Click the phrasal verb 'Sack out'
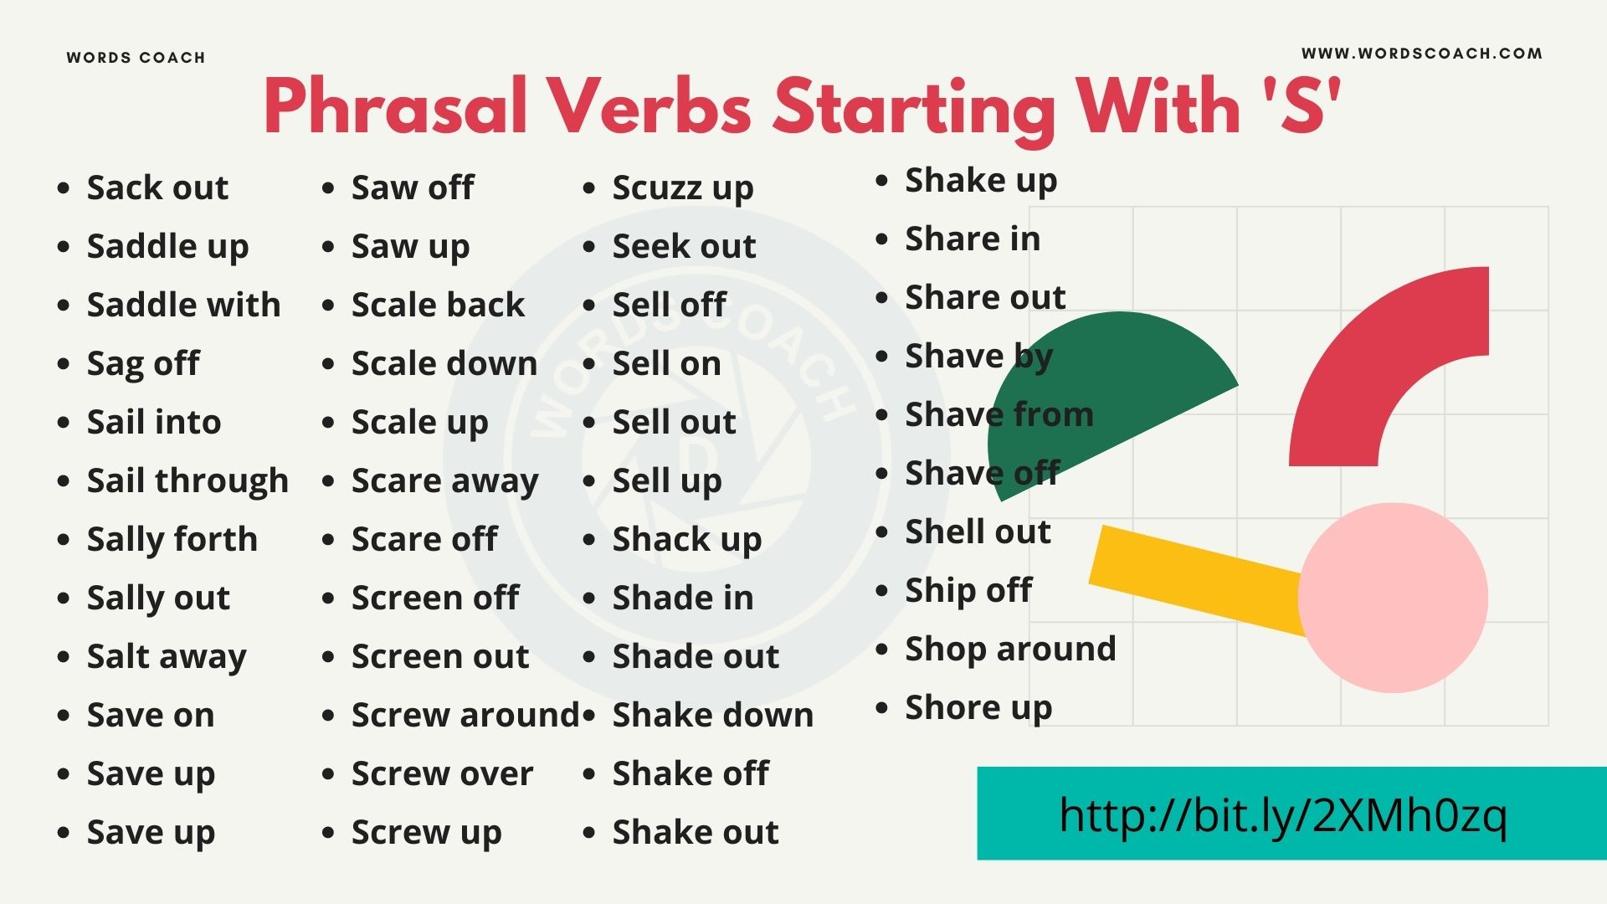tap(157, 187)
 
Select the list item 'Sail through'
tap(187, 481)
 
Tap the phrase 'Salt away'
tap(167, 657)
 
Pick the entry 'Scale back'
tap(438, 305)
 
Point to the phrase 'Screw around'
tap(465, 716)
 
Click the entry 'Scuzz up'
tap(682, 188)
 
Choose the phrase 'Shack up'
tap(686, 540)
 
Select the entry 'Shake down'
tap(712, 716)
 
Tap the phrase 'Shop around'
tap(1010, 649)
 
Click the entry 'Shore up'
tap(978, 708)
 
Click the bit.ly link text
tap(1282, 814)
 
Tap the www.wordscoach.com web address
tap(1421, 54)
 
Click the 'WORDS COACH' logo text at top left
tap(136, 58)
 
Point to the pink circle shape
tap(1393, 598)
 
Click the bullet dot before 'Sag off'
tap(64, 364)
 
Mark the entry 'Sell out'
tap(674, 423)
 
